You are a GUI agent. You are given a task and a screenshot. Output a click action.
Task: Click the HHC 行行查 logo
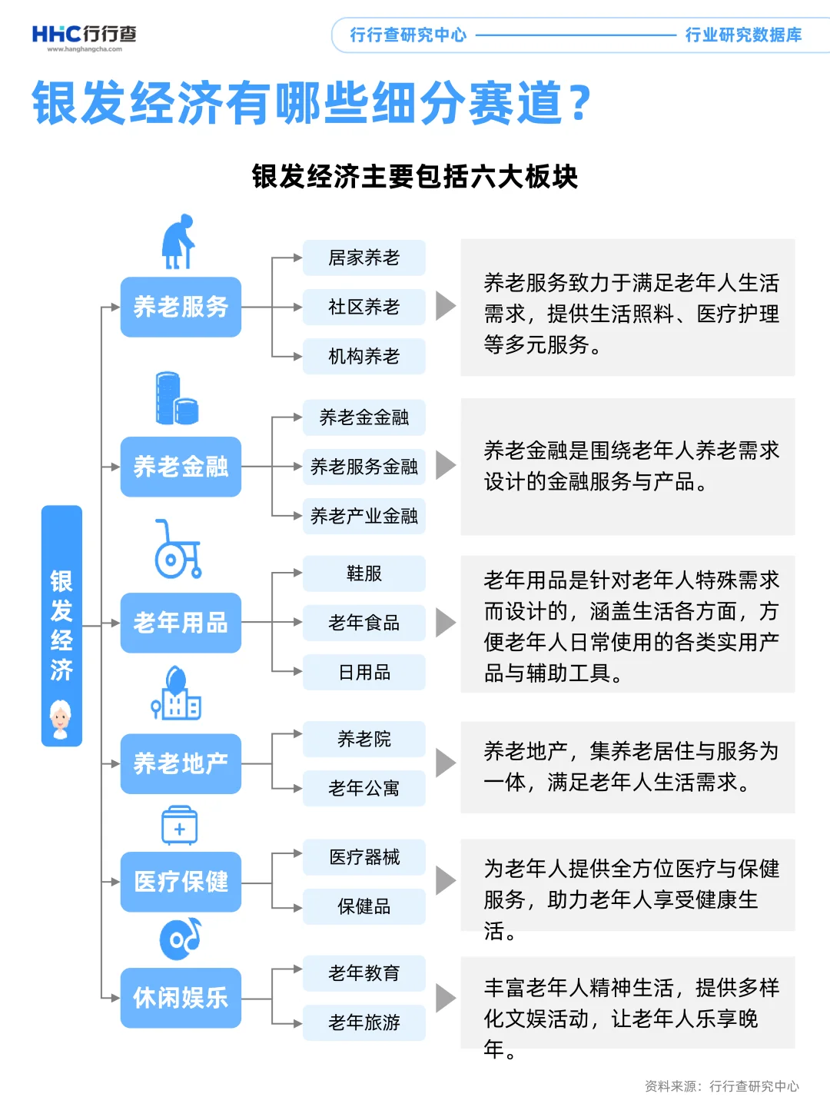[84, 36]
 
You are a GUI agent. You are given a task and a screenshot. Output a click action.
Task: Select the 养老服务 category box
[181, 307]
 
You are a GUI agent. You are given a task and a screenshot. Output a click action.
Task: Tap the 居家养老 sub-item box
[364, 258]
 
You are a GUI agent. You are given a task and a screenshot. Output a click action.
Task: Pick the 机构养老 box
[364, 356]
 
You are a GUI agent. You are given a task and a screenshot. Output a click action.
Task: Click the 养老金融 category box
[181, 467]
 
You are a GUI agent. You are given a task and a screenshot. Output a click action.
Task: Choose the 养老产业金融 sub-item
[364, 516]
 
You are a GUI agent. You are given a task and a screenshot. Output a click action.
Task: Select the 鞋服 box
[364, 573]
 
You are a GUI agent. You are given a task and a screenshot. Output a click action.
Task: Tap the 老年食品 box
[364, 623]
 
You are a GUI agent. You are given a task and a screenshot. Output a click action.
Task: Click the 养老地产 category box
[181, 763]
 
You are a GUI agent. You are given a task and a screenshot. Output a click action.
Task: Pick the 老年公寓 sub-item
[364, 788]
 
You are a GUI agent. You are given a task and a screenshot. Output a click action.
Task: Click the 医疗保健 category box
[181, 882]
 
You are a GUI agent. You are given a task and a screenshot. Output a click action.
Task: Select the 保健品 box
[364, 906]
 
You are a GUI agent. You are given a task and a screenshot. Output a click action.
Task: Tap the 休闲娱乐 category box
[181, 998]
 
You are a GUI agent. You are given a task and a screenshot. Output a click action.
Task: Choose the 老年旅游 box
[364, 1022]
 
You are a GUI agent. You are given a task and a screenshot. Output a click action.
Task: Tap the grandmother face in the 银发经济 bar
[61, 719]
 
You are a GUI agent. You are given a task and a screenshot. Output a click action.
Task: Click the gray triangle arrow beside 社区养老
[445, 306]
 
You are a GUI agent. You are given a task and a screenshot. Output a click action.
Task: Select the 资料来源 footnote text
[721, 1085]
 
